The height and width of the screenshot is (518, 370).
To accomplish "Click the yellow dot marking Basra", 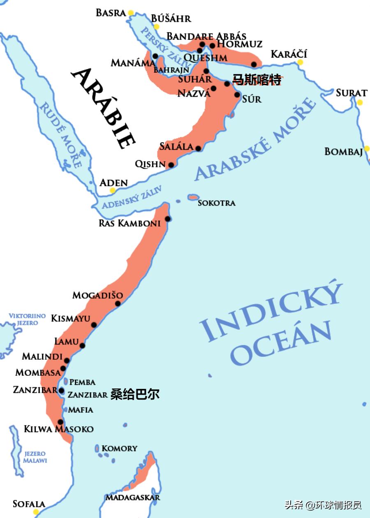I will [x=131, y=13].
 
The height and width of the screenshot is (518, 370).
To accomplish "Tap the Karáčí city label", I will [x=289, y=54].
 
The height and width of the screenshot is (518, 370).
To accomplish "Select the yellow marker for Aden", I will [x=113, y=191].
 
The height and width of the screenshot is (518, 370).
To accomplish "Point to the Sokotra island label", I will [x=216, y=203].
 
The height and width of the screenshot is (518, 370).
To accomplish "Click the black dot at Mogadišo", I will [x=118, y=303].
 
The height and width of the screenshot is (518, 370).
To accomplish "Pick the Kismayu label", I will [x=70, y=318].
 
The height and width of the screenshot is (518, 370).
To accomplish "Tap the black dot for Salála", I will [x=198, y=148].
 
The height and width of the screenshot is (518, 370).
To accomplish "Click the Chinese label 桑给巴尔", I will [x=135, y=395].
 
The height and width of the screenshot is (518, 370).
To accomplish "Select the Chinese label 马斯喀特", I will [x=257, y=80].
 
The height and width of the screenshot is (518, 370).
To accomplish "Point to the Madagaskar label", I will [x=132, y=497].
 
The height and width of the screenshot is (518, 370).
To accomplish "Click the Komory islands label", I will [x=119, y=448].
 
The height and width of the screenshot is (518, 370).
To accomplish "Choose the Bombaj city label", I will [x=343, y=152].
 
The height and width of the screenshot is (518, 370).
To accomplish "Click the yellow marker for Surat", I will [x=360, y=102].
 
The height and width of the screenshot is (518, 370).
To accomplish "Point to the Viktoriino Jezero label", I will [x=27, y=319].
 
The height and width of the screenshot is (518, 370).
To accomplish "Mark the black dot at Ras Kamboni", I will [x=168, y=219].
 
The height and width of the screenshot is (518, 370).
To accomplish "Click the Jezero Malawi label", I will [x=35, y=457].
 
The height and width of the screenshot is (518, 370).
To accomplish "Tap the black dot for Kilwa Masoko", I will [x=60, y=421].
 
